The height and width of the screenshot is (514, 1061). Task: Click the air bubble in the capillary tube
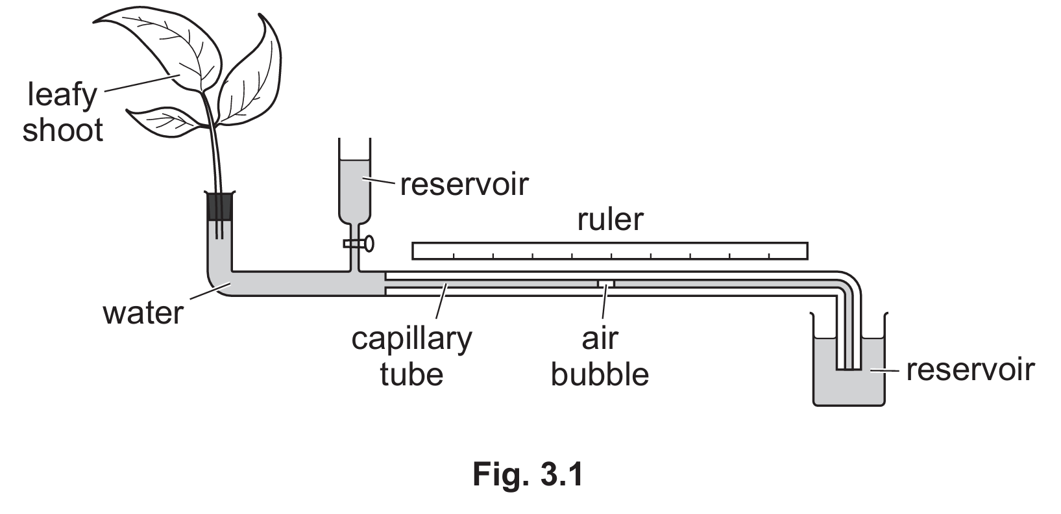pyautogui.click(x=606, y=283)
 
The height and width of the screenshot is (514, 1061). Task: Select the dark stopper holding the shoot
pyautogui.click(x=219, y=207)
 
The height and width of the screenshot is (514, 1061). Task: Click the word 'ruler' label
pyautogui.click(x=610, y=220)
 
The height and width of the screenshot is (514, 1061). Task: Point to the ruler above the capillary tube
pyautogui.click(x=609, y=251)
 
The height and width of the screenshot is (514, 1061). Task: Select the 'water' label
pyautogui.click(x=143, y=313)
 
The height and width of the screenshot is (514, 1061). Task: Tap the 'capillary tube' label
pyautogui.click(x=411, y=356)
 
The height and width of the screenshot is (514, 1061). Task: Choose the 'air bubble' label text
pyautogui.click(x=600, y=356)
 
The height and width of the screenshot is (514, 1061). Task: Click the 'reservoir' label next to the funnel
pyautogui.click(x=464, y=185)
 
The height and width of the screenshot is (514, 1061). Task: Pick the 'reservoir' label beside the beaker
pyautogui.click(x=970, y=369)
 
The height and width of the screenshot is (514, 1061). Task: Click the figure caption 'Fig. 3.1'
pyautogui.click(x=528, y=474)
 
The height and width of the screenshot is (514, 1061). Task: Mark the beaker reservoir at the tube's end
pyautogui.click(x=849, y=383)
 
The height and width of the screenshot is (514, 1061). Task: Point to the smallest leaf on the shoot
pyautogui.click(x=162, y=122)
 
